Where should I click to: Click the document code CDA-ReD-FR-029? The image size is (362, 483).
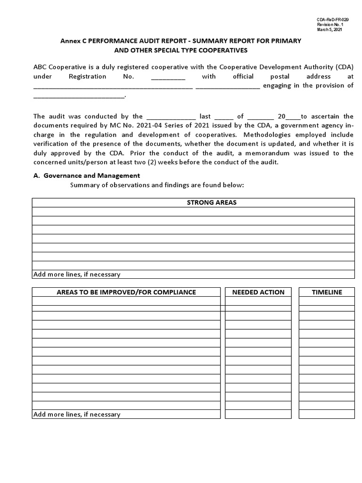click(332, 19)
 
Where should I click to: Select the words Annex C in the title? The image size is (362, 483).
click(74, 41)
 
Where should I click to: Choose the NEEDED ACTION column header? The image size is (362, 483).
click(258, 292)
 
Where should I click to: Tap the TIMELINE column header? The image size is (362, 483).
click(327, 292)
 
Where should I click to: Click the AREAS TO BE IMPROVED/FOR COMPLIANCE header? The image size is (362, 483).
click(126, 292)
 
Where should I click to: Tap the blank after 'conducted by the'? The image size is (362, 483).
click(171, 117)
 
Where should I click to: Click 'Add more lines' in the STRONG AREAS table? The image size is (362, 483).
click(76, 274)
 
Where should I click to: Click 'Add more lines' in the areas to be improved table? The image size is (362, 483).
click(76, 414)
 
